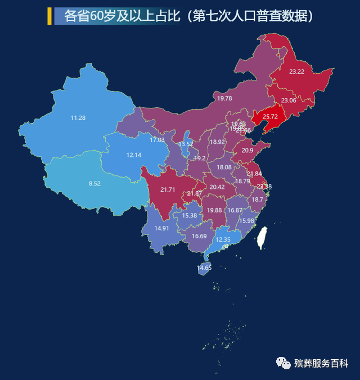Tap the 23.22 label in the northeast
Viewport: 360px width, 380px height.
[x=297, y=72]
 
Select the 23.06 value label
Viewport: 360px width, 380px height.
[x=289, y=101]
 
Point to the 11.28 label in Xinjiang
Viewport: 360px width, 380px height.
[x=78, y=118]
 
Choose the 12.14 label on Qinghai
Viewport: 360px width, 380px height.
[x=134, y=155]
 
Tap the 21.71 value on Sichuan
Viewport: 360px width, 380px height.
[x=168, y=190]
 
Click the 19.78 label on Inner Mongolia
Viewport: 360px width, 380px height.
[x=224, y=98]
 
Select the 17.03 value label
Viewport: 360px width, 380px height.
[x=157, y=140]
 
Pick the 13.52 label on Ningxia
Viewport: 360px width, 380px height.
[x=186, y=144]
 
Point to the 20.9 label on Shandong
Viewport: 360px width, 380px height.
[x=247, y=151]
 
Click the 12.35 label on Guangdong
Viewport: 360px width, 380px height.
[x=224, y=240]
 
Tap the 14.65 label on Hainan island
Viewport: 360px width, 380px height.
[x=204, y=268]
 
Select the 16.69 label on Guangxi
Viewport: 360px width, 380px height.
[x=199, y=236]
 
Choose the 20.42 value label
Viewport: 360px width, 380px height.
[x=217, y=187]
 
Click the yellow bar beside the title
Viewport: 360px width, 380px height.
[x=49, y=16]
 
